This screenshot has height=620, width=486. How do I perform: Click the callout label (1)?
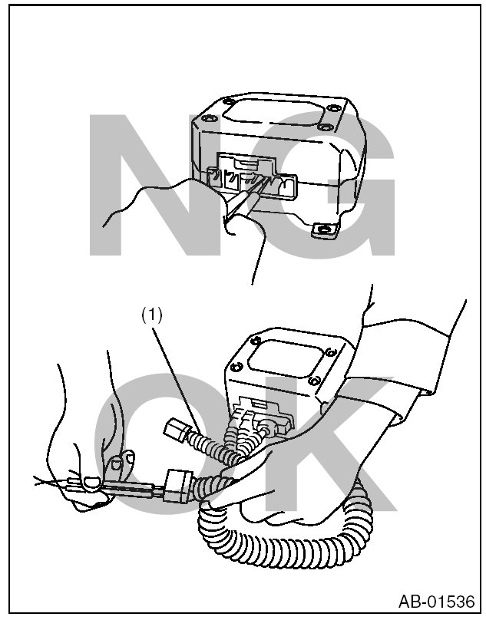tap(152, 315)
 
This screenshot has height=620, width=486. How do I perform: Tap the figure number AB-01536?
tap(436, 602)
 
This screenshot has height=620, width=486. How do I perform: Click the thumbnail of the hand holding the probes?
tap(92, 481)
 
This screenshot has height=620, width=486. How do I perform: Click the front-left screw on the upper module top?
tap(207, 119)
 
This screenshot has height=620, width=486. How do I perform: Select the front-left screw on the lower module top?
tap(236, 367)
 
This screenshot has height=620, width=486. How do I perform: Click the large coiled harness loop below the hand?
tap(285, 534)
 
